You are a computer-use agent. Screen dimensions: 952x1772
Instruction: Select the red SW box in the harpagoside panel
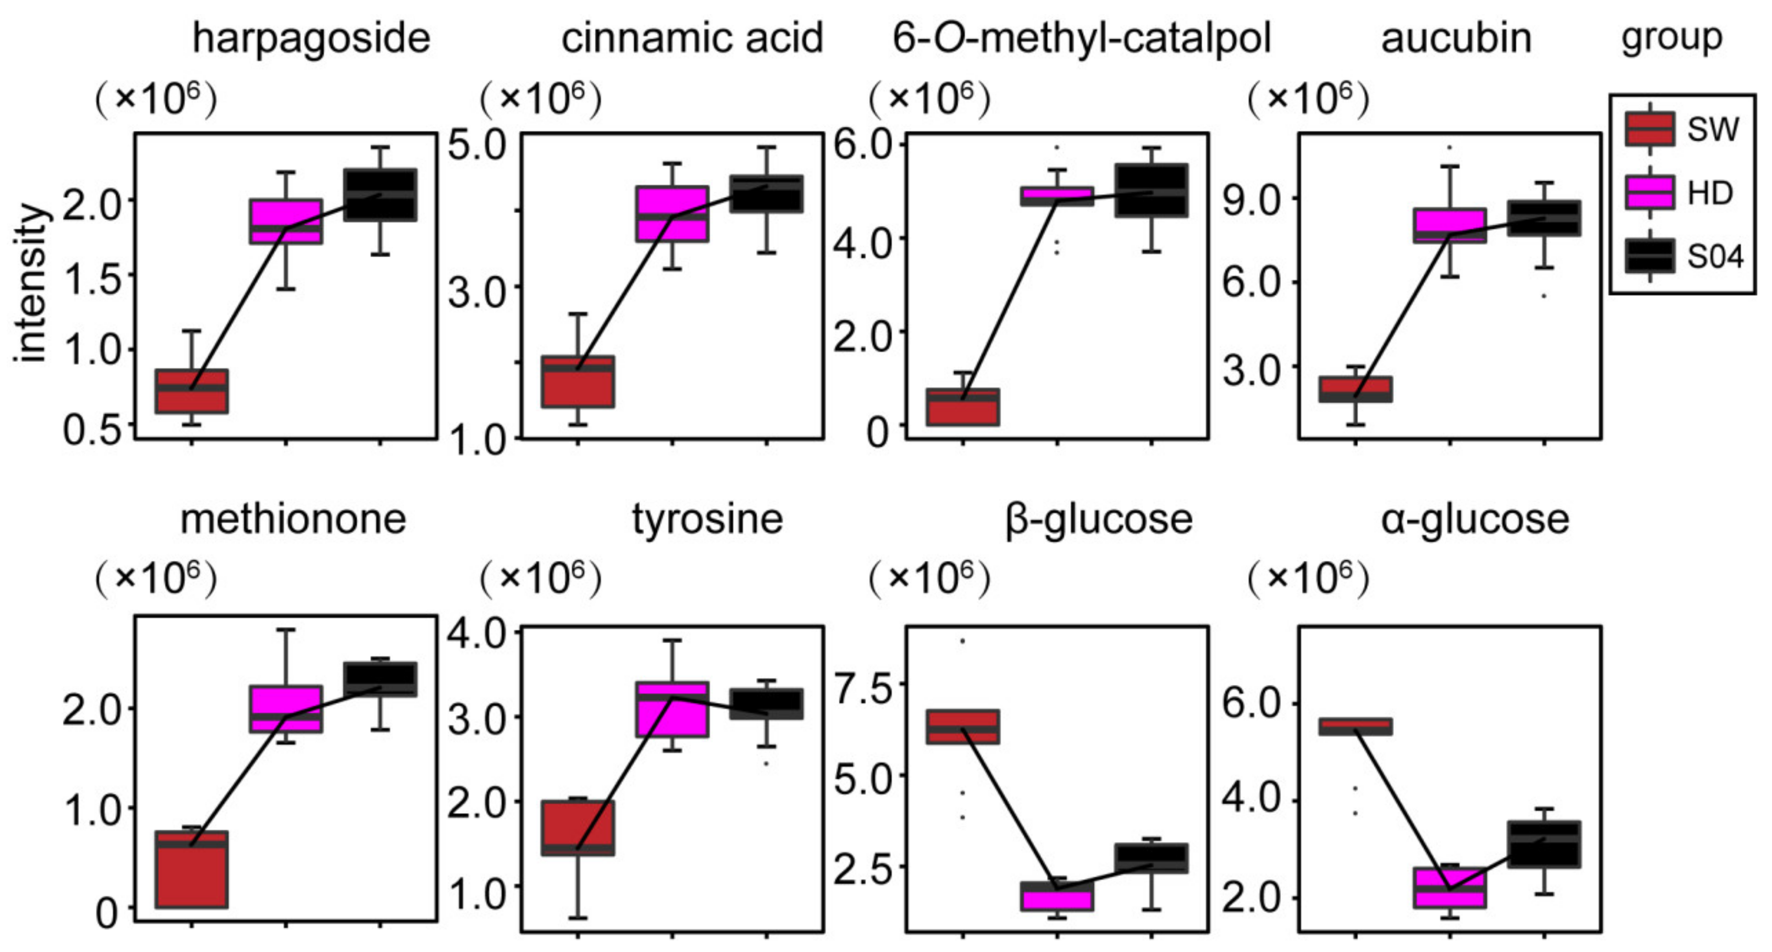point(191,391)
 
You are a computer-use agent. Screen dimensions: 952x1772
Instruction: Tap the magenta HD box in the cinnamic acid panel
point(672,213)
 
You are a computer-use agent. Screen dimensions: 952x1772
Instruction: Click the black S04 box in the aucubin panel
point(1544,218)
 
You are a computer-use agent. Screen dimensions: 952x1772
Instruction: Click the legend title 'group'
point(1671,37)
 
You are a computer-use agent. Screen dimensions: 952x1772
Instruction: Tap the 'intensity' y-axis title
point(31,282)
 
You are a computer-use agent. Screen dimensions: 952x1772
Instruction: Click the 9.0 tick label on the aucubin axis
point(1250,200)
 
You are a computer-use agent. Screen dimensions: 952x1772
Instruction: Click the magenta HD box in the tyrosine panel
point(672,709)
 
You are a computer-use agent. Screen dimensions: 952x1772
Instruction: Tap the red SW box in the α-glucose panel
point(1355,726)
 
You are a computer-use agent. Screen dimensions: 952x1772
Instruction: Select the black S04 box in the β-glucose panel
point(1151,858)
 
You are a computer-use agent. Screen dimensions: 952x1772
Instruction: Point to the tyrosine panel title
point(707,519)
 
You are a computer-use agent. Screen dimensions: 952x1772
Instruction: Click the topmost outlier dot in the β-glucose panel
point(962,641)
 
